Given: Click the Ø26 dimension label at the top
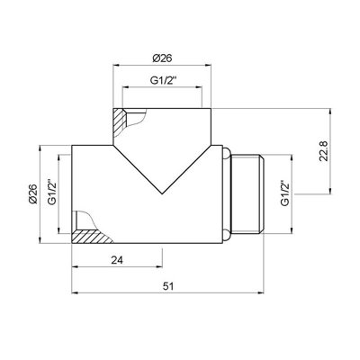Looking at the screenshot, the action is pos(162,58).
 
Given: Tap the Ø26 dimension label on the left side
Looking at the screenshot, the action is pos(33,193).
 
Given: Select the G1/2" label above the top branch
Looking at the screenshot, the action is pos(162,80).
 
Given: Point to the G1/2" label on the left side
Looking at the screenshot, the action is pos(52,193).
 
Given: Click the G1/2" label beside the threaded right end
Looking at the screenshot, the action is pos(285,193).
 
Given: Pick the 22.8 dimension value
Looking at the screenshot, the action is pos(324,150).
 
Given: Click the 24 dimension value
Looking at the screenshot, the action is pos(117,260).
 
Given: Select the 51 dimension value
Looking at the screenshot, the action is pos(168,286).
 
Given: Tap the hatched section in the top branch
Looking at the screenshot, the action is pos(120,123).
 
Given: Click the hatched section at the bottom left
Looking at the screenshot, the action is pos(90,237).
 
